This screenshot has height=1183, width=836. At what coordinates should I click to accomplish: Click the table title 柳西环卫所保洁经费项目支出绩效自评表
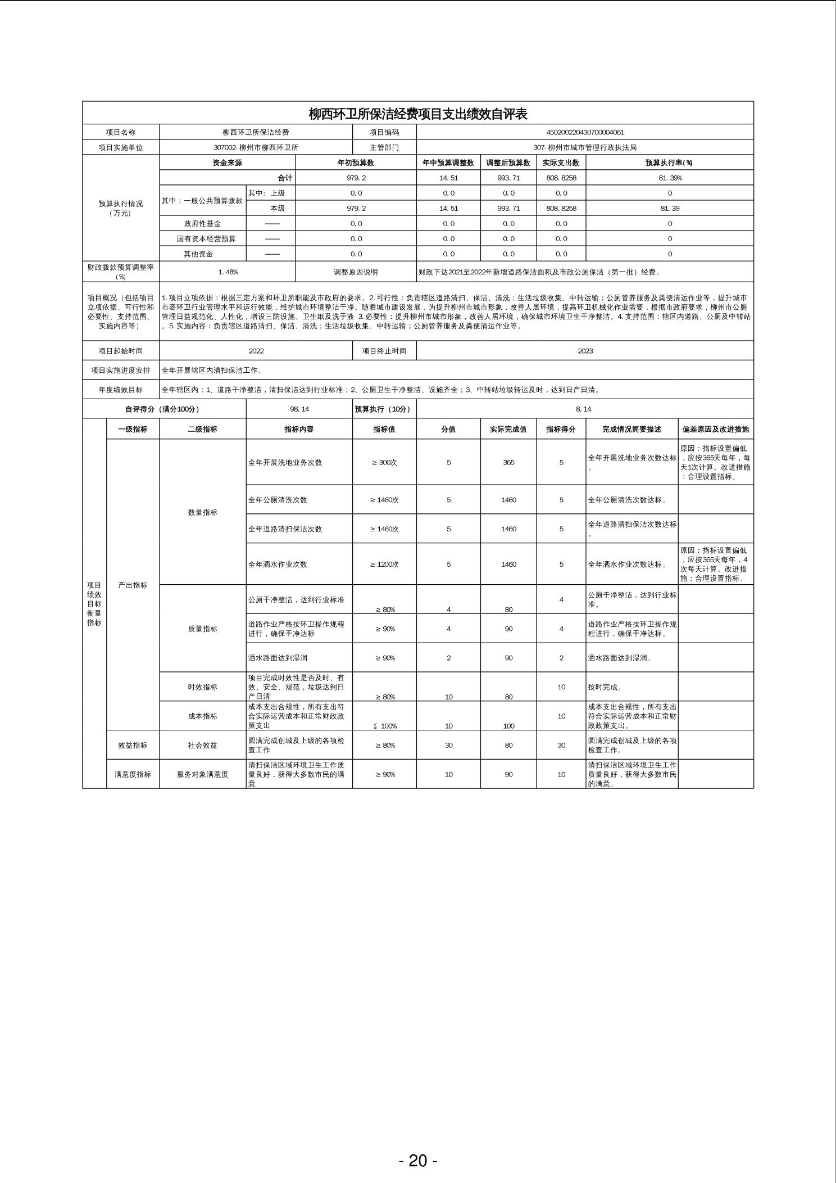click(418, 114)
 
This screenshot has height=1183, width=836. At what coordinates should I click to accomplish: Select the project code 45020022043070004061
click(585, 132)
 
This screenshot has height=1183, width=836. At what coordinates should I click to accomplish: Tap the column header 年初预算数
click(356, 162)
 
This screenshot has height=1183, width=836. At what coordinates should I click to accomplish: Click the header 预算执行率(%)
click(669, 162)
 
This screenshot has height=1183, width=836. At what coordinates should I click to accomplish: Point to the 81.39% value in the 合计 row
click(670, 178)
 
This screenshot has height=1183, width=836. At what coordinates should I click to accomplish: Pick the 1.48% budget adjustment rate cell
click(228, 272)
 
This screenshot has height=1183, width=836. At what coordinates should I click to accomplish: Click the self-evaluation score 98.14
click(299, 409)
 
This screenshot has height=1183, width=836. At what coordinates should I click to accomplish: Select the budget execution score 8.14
click(584, 409)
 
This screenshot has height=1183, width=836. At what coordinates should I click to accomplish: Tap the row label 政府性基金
click(202, 223)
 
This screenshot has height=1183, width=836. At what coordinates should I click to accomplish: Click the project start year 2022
click(256, 351)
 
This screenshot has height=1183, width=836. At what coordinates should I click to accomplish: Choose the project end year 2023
click(585, 351)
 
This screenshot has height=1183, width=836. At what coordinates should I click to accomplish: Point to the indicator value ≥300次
click(384, 462)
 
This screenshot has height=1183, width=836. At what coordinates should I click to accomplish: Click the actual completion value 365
click(508, 462)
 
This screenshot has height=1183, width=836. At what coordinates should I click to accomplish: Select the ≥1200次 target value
click(384, 564)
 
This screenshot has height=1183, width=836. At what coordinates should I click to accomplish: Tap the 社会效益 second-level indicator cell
click(202, 745)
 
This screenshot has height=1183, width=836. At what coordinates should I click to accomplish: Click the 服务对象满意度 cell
click(202, 774)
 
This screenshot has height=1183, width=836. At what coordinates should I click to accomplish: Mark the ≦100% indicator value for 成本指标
click(385, 726)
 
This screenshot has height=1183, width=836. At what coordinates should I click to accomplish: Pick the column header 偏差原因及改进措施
click(715, 429)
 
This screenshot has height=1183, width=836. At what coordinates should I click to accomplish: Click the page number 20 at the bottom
click(418, 1160)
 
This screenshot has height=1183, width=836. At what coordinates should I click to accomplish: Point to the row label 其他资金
click(198, 254)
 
